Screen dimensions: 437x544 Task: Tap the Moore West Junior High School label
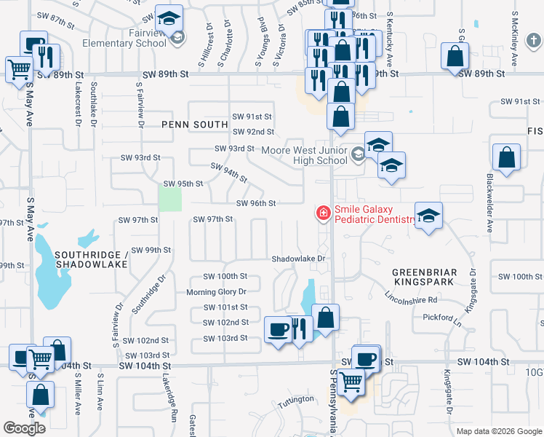coord(304,155)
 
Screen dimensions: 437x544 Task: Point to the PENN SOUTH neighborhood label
coord(195,125)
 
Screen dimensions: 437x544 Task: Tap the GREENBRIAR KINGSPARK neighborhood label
coord(425,277)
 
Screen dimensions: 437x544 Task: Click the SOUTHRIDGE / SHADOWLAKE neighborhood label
coord(90,259)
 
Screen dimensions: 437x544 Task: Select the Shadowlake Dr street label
coord(297,259)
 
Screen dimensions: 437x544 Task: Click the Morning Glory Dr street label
coord(217,291)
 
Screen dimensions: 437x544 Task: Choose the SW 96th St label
coord(256,204)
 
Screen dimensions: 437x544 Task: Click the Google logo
coord(24,428)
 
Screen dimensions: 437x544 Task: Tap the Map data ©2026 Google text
coord(499,431)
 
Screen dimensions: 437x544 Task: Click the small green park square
coord(170,197)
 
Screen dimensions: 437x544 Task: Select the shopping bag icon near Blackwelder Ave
coord(506,157)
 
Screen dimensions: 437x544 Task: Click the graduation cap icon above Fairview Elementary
coord(172,17)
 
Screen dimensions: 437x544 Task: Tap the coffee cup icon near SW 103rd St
coord(277,330)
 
